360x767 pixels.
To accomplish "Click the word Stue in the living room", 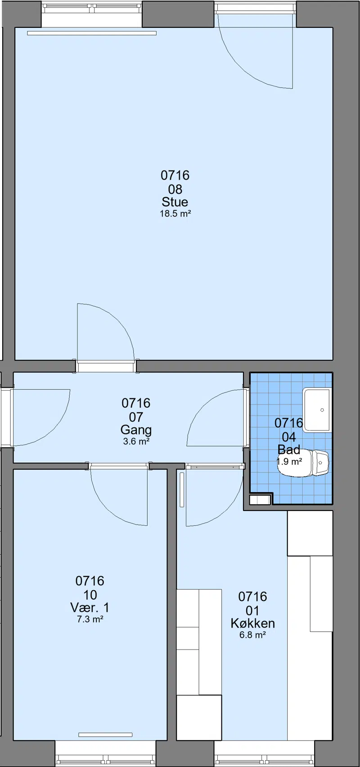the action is [175, 202].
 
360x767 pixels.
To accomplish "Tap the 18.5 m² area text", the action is [175, 214].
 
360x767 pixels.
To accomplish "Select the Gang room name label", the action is [136, 430].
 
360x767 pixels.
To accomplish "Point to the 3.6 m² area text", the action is [136, 441].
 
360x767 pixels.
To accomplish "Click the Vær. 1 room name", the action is [90, 607].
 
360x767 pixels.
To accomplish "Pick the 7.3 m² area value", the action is [90, 619].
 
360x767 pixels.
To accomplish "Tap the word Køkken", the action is [253, 623].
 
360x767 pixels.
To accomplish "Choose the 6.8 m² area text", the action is [253, 635].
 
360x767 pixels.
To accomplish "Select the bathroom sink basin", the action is [318, 409].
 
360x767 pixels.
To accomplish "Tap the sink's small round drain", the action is [322, 410].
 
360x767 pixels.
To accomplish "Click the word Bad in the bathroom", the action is [289, 449].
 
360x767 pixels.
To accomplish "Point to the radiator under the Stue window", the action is [92, 33].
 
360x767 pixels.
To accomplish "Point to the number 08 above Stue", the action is [175, 189].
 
